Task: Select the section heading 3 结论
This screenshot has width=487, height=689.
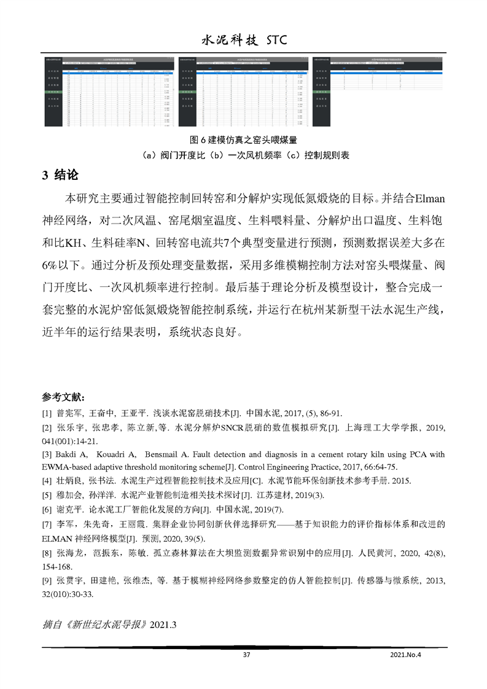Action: click(60, 175)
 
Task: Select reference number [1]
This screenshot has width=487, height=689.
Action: click(47, 413)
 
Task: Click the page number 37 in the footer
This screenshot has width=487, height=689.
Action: click(247, 655)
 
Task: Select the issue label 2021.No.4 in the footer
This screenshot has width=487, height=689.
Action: click(408, 655)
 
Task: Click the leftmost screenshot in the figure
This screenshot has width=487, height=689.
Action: click(108, 92)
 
